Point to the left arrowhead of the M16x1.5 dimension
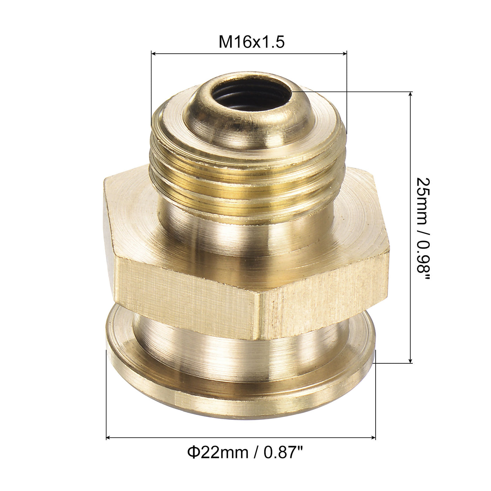pos(153,53)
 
